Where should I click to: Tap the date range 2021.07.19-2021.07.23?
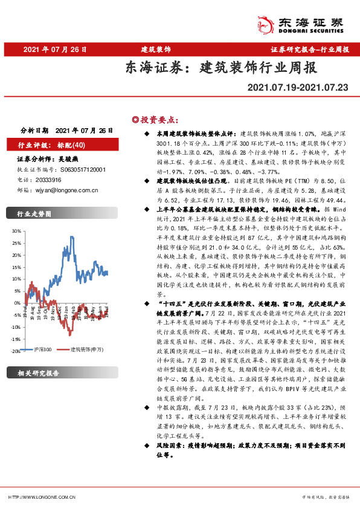tap(298, 88)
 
